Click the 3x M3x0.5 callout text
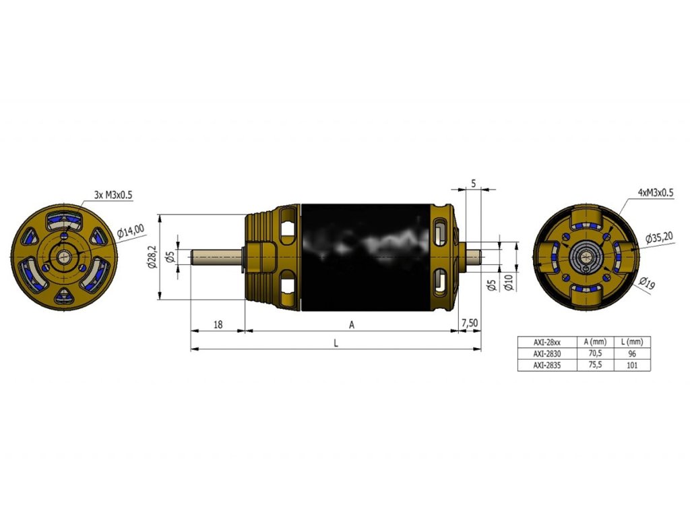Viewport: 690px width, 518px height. (113, 195)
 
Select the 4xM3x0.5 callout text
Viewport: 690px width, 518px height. (655, 192)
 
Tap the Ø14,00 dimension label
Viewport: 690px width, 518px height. (131, 231)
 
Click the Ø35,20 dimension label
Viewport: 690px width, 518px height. (659, 238)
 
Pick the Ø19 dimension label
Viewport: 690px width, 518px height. (648, 283)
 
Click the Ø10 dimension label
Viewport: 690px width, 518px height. (509, 281)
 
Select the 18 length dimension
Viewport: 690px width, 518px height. (218, 324)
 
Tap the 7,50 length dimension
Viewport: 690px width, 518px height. (470, 323)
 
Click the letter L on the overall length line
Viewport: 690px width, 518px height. (336, 343)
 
